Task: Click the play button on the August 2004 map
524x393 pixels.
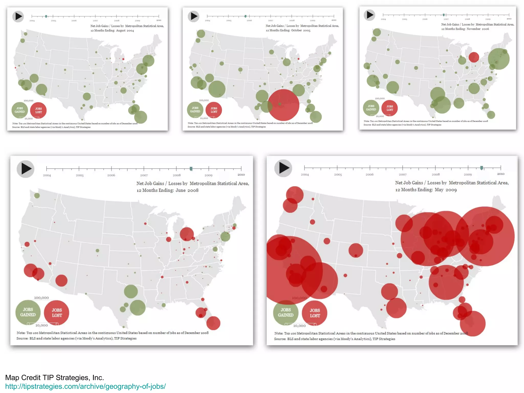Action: (18, 17)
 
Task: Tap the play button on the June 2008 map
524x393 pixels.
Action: (26, 169)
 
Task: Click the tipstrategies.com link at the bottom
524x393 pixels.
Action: (85, 386)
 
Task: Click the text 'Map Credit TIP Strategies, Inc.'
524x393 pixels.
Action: (54, 377)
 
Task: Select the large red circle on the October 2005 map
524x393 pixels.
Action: (283, 105)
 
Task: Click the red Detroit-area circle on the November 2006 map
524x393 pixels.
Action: (474, 57)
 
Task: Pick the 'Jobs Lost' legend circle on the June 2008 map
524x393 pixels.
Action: (57, 313)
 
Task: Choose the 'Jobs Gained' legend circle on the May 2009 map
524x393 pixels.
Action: (286, 313)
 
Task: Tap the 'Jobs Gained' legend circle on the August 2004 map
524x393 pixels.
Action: (20, 110)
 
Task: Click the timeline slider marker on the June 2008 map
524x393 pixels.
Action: (191, 169)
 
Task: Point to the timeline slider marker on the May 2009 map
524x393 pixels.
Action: (482, 168)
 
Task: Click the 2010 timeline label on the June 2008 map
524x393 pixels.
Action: (241, 175)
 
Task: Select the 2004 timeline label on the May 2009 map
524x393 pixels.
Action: (305, 174)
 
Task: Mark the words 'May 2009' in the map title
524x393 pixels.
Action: (445, 190)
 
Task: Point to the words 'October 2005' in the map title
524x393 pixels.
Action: (301, 30)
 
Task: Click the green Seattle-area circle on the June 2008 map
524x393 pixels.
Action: (37, 195)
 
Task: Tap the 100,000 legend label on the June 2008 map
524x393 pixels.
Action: (41, 298)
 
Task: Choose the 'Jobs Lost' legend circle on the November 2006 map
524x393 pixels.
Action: (389, 108)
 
